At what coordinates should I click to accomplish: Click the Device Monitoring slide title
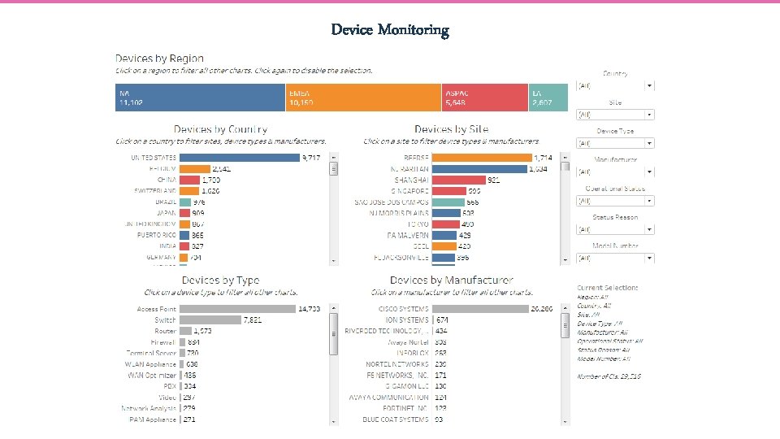click(x=390, y=30)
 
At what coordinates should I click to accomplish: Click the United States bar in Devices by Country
click(x=239, y=157)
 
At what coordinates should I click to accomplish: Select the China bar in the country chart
click(x=188, y=179)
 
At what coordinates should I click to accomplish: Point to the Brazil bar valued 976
click(x=184, y=202)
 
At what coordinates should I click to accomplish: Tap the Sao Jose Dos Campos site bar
click(x=448, y=202)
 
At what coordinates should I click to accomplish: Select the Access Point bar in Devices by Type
click(x=237, y=309)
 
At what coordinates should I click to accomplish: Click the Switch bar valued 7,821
click(x=210, y=320)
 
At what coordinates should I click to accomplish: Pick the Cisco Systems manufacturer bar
click(x=479, y=309)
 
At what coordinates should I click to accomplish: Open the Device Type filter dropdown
click(x=616, y=143)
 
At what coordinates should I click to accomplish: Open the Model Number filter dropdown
click(x=616, y=259)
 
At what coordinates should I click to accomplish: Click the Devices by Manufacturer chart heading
click(x=451, y=280)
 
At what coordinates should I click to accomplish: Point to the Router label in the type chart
click(x=166, y=331)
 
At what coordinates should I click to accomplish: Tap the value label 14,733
click(x=309, y=309)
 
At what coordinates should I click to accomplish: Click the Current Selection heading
click(x=608, y=288)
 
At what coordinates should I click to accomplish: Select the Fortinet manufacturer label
click(x=397, y=408)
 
